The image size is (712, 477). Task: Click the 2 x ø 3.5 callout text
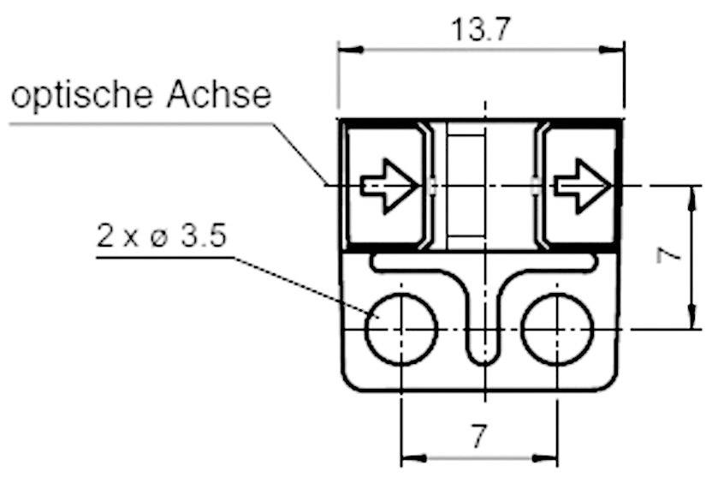click(x=162, y=236)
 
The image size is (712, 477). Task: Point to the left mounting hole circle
click(x=400, y=329)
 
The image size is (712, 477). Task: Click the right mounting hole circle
click(x=557, y=329)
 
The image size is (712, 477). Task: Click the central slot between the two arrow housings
click(x=466, y=184)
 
